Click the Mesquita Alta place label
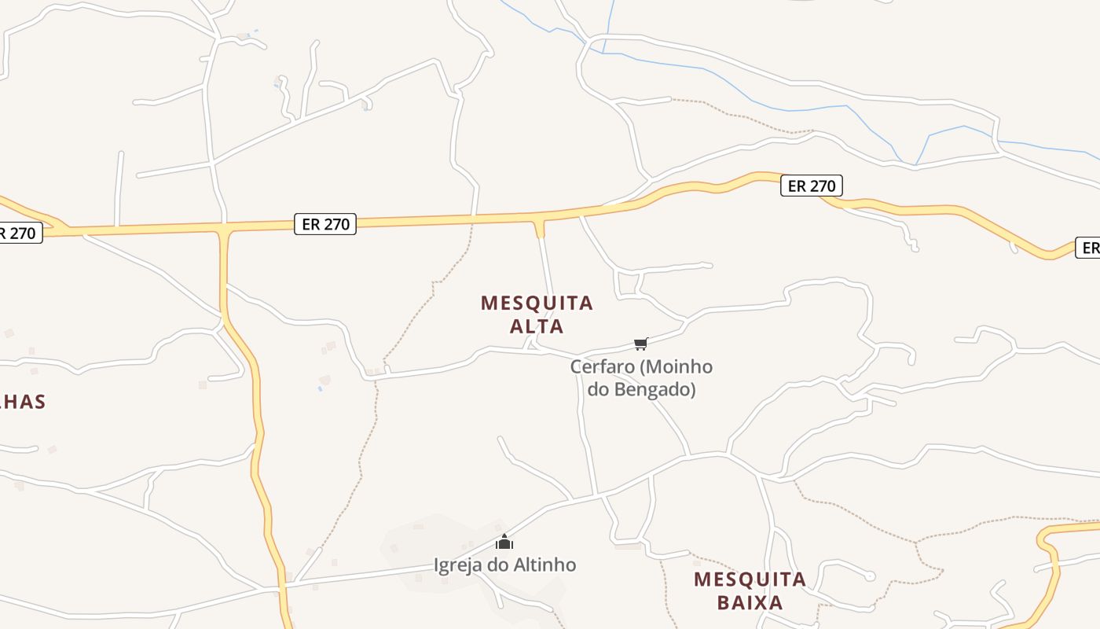pyautogui.click(x=537, y=314)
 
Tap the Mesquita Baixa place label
pyautogui.click(x=750, y=591)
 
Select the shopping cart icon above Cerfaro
pyautogui.click(x=641, y=344)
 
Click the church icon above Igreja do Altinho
pyautogui.click(x=504, y=542)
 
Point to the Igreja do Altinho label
pyautogui.click(x=504, y=565)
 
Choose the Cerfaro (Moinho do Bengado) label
pyautogui.click(x=641, y=377)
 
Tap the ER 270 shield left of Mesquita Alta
pyautogui.click(x=325, y=224)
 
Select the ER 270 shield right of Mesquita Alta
pyautogui.click(x=811, y=186)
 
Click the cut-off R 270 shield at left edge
pyautogui.click(x=19, y=233)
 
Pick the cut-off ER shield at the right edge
pyautogui.click(x=1089, y=248)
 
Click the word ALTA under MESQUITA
pyautogui.click(x=537, y=326)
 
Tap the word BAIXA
pyautogui.click(x=750, y=603)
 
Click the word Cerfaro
pyautogui.click(x=601, y=366)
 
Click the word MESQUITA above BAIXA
pyautogui.click(x=750, y=580)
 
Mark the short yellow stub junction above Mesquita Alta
pyautogui.click(x=539, y=229)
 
